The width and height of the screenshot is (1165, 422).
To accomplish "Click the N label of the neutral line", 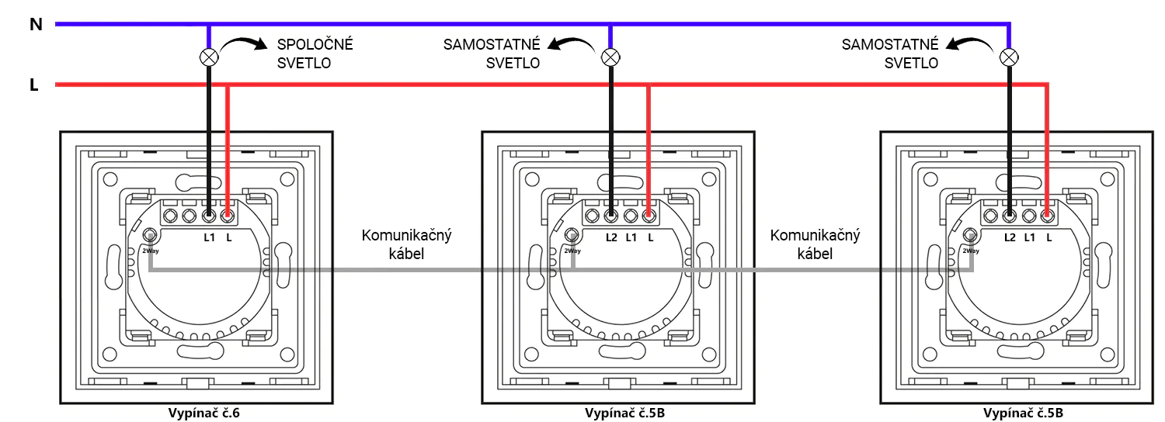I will [x=35, y=25].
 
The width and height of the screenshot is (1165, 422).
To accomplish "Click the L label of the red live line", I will [x=33, y=85].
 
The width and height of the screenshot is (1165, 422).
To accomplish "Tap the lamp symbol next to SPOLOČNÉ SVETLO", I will [x=209, y=57].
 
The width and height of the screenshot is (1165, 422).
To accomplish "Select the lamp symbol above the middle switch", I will [x=610, y=57].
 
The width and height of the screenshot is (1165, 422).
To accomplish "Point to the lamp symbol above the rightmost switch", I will [x=1009, y=57].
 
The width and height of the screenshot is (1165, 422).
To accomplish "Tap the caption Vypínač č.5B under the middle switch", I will [x=624, y=413].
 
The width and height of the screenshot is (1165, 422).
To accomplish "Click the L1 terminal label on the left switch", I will [x=209, y=236].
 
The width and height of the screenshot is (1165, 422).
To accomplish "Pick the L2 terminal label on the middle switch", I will [x=611, y=236].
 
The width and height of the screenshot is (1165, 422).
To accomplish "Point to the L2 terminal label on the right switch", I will [x=1010, y=236].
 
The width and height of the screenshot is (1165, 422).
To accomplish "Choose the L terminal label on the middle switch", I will [x=650, y=236].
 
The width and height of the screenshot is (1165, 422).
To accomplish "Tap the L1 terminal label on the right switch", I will [x=1029, y=236].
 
